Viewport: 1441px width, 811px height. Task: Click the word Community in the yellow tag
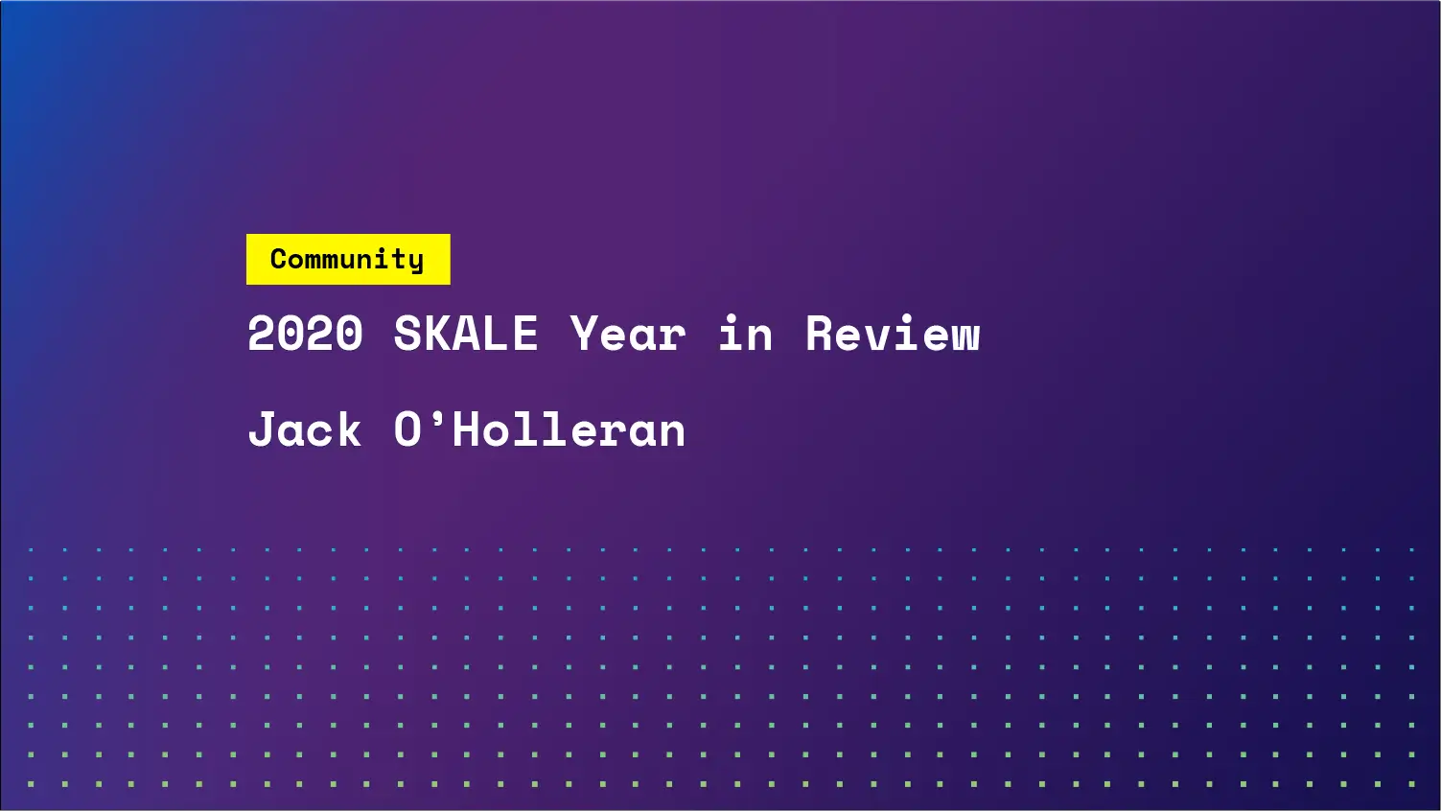tap(347, 259)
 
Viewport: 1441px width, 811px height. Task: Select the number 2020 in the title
tap(305, 335)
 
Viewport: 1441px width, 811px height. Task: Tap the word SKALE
tap(466, 335)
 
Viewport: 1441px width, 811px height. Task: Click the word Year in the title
tap(628, 335)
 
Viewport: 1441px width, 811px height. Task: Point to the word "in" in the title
tap(745, 335)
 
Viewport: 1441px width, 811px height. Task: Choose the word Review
tap(893, 335)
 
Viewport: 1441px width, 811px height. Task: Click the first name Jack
tap(305, 429)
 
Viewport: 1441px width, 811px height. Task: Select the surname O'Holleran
tap(540, 429)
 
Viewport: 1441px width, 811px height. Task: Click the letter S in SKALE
tap(407, 335)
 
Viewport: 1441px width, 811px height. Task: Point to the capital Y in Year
tap(584, 335)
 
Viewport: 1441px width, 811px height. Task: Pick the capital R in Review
tap(820, 335)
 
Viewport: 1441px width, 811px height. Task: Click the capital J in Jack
tap(262, 429)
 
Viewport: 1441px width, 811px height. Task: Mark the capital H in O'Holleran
tap(467, 429)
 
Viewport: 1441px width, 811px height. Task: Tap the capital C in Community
tap(279, 259)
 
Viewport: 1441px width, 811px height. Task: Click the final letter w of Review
tap(965, 337)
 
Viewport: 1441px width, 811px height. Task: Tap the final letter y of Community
tap(415, 262)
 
